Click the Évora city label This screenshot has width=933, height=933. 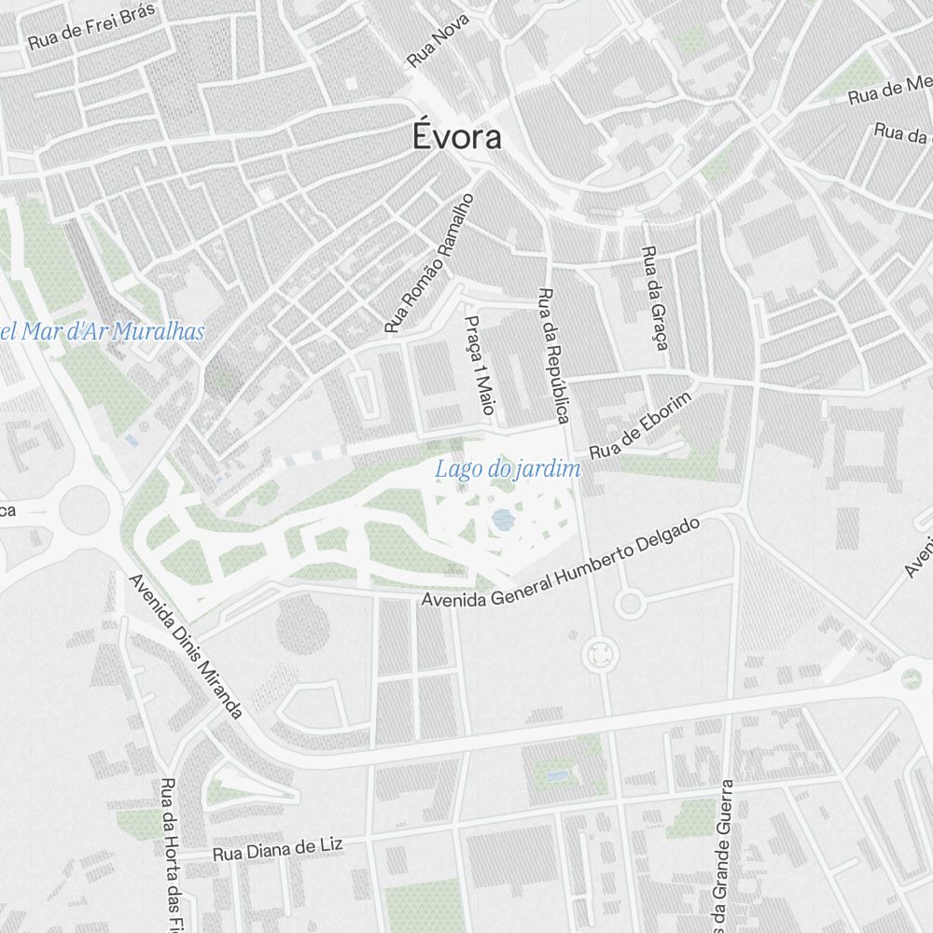pyautogui.click(x=457, y=138)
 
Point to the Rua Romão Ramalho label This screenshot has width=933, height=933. pyautogui.click(x=430, y=264)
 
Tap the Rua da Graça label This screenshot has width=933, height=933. pyautogui.click(x=656, y=299)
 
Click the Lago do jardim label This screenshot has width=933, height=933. pyautogui.click(x=508, y=469)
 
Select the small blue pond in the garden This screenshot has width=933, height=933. pyautogui.click(x=503, y=520)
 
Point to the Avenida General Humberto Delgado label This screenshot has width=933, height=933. pyautogui.click(x=560, y=563)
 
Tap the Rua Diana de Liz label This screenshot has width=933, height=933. pyautogui.click(x=277, y=849)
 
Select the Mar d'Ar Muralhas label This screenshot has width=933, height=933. pyautogui.click(x=103, y=331)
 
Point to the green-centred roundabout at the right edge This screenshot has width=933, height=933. pyautogui.click(x=911, y=678)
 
